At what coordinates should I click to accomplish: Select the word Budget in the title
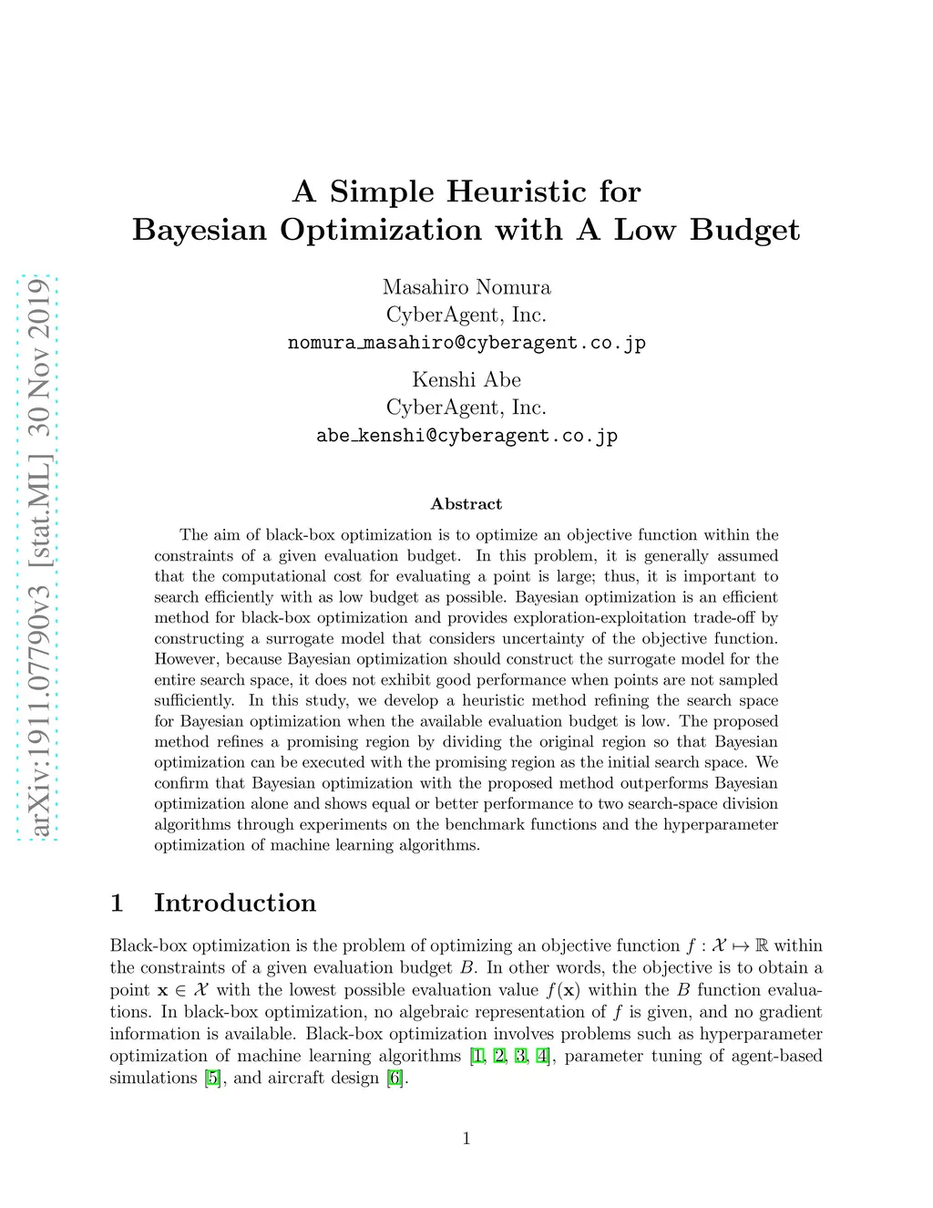tap(744, 230)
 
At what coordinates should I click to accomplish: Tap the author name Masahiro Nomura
tap(466, 287)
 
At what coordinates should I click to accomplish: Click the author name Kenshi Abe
tap(466, 379)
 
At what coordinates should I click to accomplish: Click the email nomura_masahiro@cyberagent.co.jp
tap(466, 343)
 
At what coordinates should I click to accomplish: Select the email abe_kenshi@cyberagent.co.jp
tap(466, 436)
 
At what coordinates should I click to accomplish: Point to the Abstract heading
tap(466, 504)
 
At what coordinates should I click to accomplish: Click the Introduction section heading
tap(235, 903)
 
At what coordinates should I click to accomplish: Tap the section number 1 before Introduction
tap(117, 903)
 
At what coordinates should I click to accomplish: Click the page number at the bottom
tap(466, 1138)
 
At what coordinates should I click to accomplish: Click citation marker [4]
tap(543, 1056)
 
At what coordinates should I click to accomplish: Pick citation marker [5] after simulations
tap(213, 1078)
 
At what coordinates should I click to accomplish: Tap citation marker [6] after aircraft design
tap(395, 1078)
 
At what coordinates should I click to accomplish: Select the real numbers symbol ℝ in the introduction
tap(763, 945)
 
